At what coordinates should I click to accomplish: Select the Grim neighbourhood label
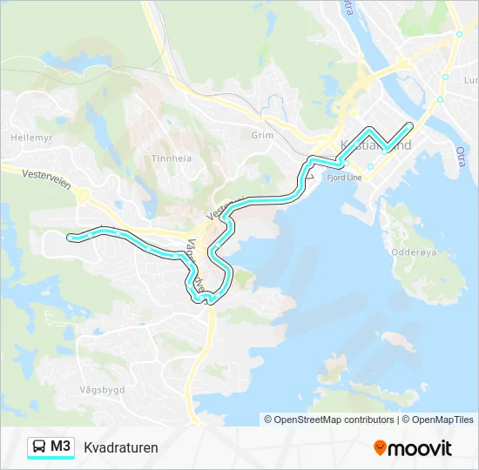coord(262,136)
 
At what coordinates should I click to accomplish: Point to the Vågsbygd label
coord(101,389)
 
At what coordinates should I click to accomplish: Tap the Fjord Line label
coord(343,176)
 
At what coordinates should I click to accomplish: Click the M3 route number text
coord(61,446)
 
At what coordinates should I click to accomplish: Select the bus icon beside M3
coord(39,446)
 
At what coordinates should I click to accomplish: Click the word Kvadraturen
coord(121,448)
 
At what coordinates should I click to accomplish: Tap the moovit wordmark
coord(420,448)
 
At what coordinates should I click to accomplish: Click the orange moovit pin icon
coord(380,448)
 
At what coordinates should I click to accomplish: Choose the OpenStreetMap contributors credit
coord(334,420)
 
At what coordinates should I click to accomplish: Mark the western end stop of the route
coord(71,236)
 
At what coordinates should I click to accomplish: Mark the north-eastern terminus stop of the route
coord(409,126)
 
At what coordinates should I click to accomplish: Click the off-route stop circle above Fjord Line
coord(370,166)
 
